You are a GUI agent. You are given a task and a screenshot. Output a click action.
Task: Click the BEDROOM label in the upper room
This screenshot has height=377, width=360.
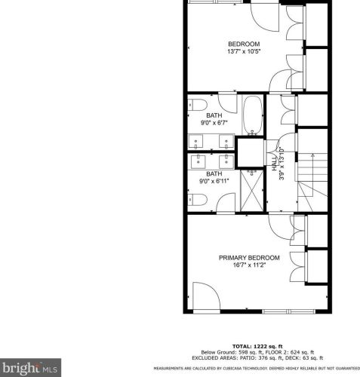(x=243, y=44)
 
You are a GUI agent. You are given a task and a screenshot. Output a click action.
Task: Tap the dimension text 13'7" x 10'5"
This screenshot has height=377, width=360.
(x=243, y=52)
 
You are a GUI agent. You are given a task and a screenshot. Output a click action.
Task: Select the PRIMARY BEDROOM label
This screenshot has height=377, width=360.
(x=249, y=258)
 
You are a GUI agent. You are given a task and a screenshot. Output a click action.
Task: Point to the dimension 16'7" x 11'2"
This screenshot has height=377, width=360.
(x=249, y=266)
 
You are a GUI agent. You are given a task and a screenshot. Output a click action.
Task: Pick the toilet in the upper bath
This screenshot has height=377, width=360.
(x=197, y=104)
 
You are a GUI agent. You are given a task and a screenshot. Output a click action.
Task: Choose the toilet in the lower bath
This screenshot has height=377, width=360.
(x=197, y=200)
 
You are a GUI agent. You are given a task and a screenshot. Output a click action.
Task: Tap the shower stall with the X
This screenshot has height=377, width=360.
(x=249, y=192)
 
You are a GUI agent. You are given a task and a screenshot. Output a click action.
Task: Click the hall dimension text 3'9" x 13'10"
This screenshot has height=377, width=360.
(x=282, y=164)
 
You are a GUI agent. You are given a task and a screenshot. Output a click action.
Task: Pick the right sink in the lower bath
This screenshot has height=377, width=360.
(x=225, y=161)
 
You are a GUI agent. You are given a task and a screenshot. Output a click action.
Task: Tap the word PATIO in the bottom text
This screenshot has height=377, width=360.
(x=242, y=357)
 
